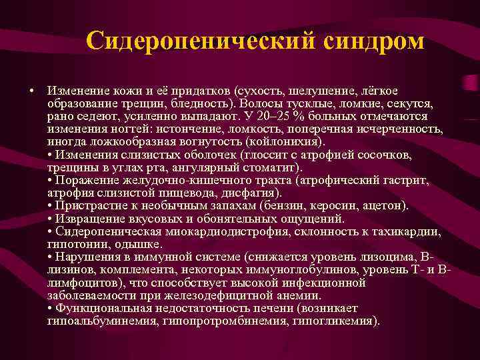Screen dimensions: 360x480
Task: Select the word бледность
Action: coord(197,105)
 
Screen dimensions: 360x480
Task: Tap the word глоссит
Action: coord(259,154)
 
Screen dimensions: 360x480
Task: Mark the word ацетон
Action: coord(385,205)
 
